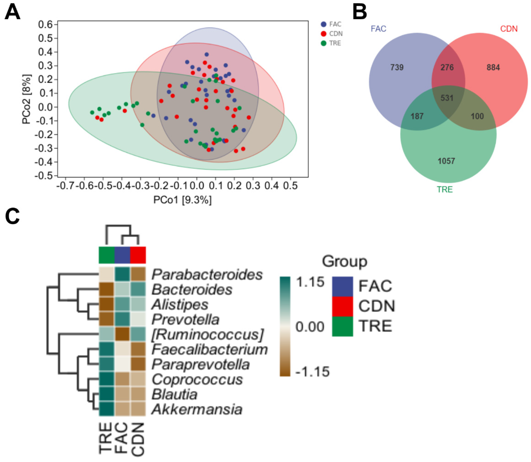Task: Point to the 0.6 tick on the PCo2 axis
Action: click(45, 25)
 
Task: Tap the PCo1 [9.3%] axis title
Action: click(182, 200)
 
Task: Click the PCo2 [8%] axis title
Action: click(27, 99)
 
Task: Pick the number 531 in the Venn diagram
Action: click(447, 98)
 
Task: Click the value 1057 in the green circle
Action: click(446, 161)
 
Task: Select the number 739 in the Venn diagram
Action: click(397, 67)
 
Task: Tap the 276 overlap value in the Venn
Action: click(447, 67)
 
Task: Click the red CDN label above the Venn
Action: click(509, 29)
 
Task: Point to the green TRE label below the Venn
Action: click(445, 189)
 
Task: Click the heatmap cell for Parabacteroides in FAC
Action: click(122, 274)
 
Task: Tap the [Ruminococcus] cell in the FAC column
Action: click(122, 334)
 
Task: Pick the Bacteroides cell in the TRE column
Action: click(106, 289)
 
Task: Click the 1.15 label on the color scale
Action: click(310, 282)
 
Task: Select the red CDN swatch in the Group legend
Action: click(342, 306)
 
